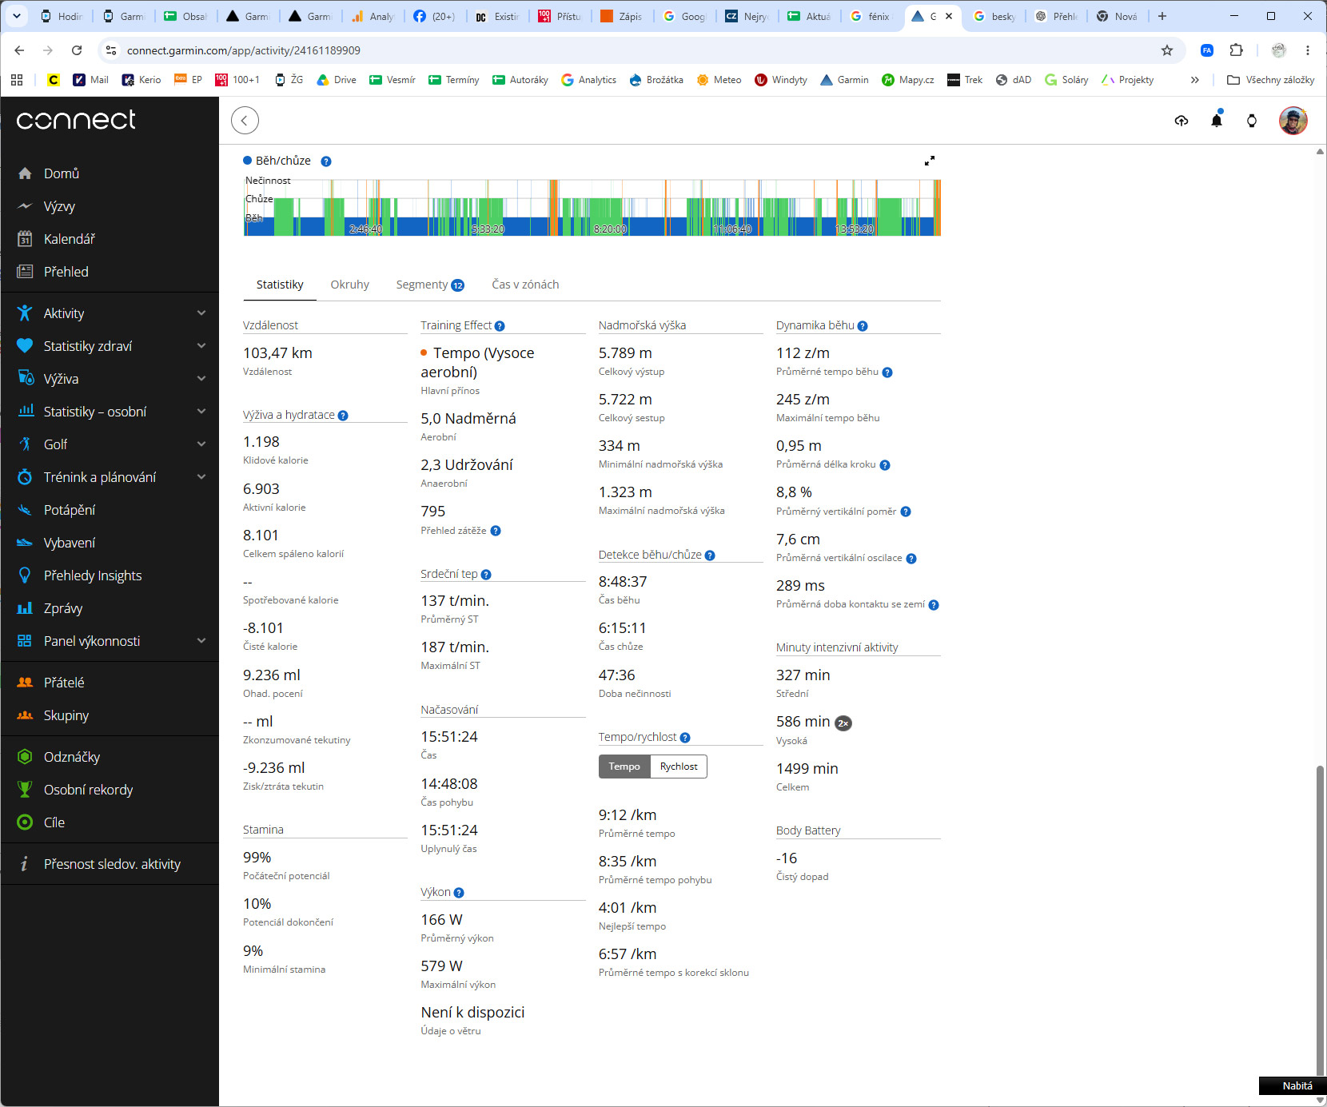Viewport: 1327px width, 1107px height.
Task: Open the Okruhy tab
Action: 349,285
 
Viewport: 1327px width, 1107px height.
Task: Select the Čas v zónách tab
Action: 525,285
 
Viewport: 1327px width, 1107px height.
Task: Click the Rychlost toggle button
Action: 679,767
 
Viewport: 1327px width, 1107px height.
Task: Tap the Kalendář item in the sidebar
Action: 69,239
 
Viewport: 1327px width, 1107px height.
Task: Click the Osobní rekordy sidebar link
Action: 88,790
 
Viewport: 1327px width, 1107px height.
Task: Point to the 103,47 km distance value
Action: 277,353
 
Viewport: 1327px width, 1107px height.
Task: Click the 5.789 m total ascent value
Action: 625,353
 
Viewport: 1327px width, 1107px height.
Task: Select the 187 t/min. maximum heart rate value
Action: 455,647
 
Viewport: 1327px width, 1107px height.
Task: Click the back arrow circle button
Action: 245,121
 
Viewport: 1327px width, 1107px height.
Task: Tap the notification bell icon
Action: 1217,120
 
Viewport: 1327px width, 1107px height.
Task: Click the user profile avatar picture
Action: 1293,120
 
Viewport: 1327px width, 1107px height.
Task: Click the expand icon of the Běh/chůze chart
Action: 930,161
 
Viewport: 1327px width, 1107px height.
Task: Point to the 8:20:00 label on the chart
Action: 610,229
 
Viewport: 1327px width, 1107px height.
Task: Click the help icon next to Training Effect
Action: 500,326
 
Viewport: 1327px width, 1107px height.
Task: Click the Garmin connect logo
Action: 76,120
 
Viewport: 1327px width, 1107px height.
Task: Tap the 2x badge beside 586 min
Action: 843,723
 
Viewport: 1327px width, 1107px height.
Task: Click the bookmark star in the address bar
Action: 1167,50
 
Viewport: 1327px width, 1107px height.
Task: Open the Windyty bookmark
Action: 781,80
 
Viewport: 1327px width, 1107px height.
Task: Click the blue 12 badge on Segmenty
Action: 458,285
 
